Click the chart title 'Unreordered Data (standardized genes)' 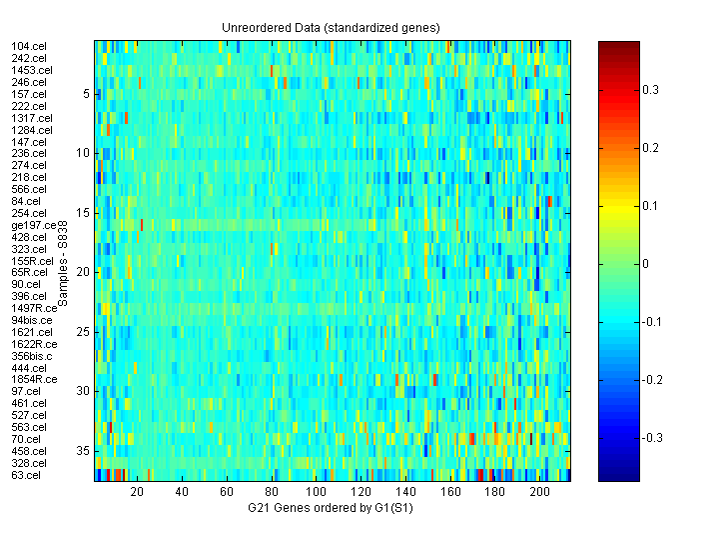[x=331, y=27]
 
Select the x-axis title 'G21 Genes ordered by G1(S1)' [x=331, y=509]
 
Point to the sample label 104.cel [x=28, y=46]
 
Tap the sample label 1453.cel [x=31, y=70]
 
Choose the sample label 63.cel [x=25, y=475]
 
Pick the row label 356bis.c [x=32, y=356]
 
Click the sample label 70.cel [x=25, y=439]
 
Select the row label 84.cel [x=25, y=201]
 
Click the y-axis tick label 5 [x=85, y=94]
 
